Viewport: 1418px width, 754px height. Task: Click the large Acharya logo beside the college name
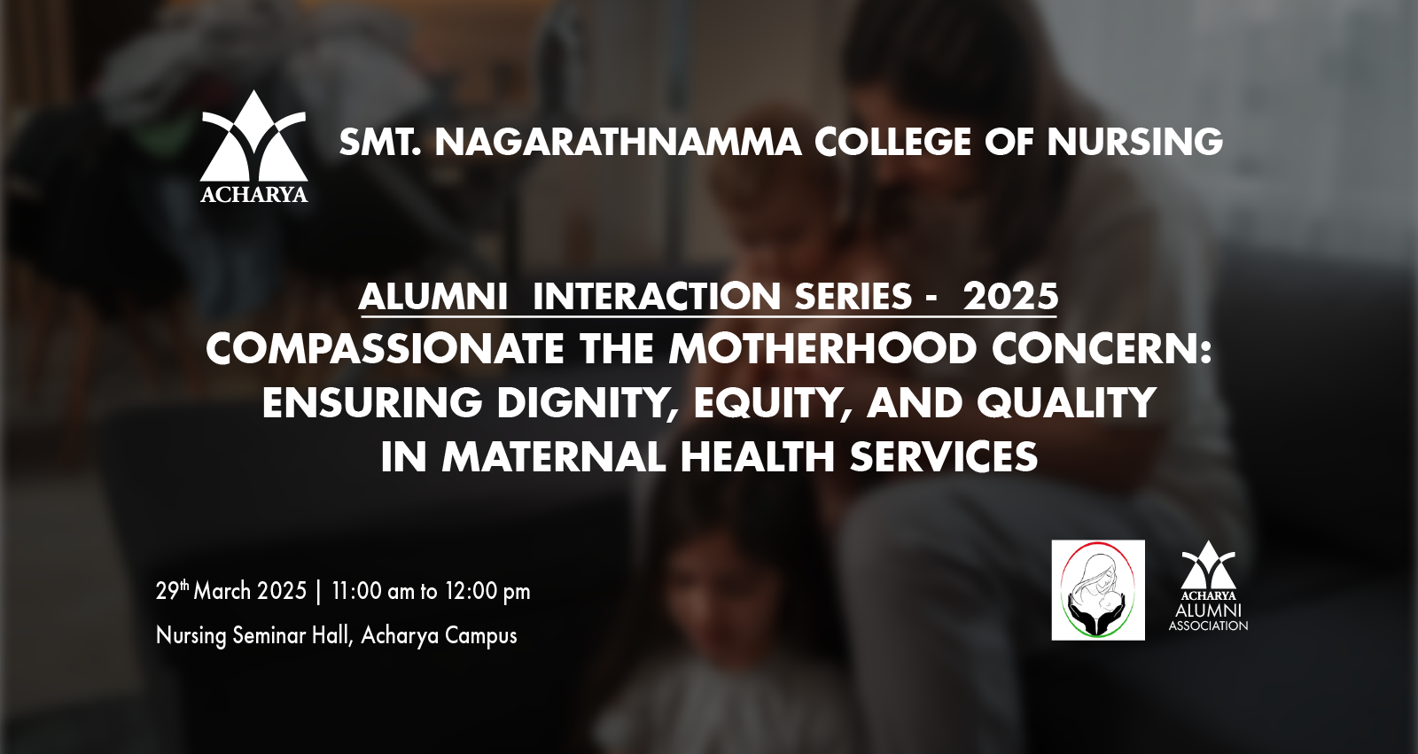(253, 147)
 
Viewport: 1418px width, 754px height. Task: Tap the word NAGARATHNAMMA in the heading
(618, 142)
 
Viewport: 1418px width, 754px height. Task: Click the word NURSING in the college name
(1134, 142)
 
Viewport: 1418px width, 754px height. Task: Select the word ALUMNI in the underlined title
(433, 296)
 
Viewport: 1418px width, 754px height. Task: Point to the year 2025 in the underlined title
(1011, 296)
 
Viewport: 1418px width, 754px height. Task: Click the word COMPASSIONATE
(385, 349)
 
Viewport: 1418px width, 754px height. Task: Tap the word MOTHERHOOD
(822, 349)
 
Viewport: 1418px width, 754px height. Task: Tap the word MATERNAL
(554, 457)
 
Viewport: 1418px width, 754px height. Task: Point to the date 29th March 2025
(231, 591)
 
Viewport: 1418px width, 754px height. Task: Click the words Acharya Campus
(440, 635)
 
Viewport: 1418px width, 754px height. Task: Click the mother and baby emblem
(1098, 590)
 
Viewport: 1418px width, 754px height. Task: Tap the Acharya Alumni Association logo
(1208, 586)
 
